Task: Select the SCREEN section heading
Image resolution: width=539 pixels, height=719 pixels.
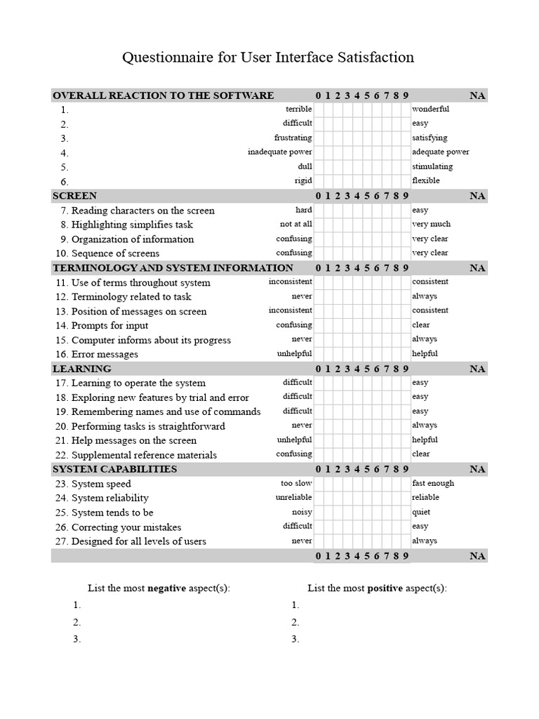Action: pyautogui.click(x=75, y=196)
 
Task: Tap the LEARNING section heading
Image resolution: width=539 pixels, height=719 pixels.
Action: pyautogui.click(x=82, y=369)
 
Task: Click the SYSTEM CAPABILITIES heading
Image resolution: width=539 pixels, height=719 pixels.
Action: pyautogui.click(x=115, y=469)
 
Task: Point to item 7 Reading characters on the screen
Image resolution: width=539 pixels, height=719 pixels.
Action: pyautogui.click(x=142, y=211)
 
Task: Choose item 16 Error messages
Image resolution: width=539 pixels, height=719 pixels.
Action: pyautogui.click(x=105, y=355)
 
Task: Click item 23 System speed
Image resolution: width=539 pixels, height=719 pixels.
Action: pyautogui.click(x=101, y=484)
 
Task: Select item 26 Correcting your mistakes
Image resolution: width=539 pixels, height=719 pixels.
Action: pyautogui.click(x=126, y=527)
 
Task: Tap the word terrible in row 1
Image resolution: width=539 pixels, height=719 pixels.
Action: pyautogui.click(x=298, y=110)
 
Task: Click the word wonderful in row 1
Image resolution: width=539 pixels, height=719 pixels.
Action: pyautogui.click(x=430, y=110)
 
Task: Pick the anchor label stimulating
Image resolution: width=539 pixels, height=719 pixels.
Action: pyautogui.click(x=432, y=167)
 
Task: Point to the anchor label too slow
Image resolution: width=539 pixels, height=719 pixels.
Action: pyautogui.click(x=296, y=484)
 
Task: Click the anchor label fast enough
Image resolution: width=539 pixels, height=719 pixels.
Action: pyautogui.click(x=433, y=484)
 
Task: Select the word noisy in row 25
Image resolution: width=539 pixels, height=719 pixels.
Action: pyautogui.click(x=302, y=513)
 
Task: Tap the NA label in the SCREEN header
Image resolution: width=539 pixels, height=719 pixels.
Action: pyautogui.click(x=477, y=196)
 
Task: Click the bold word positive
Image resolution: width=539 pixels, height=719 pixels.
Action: pyautogui.click(x=385, y=588)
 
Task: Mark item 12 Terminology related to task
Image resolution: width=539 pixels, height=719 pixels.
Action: pyautogui.click(x=131, y=297)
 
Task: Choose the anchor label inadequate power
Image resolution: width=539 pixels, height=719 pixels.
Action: pyautogui.click(x=279, y=152)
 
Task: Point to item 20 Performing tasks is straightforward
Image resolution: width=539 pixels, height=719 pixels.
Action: pyautogui.click(x=148, y=426)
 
